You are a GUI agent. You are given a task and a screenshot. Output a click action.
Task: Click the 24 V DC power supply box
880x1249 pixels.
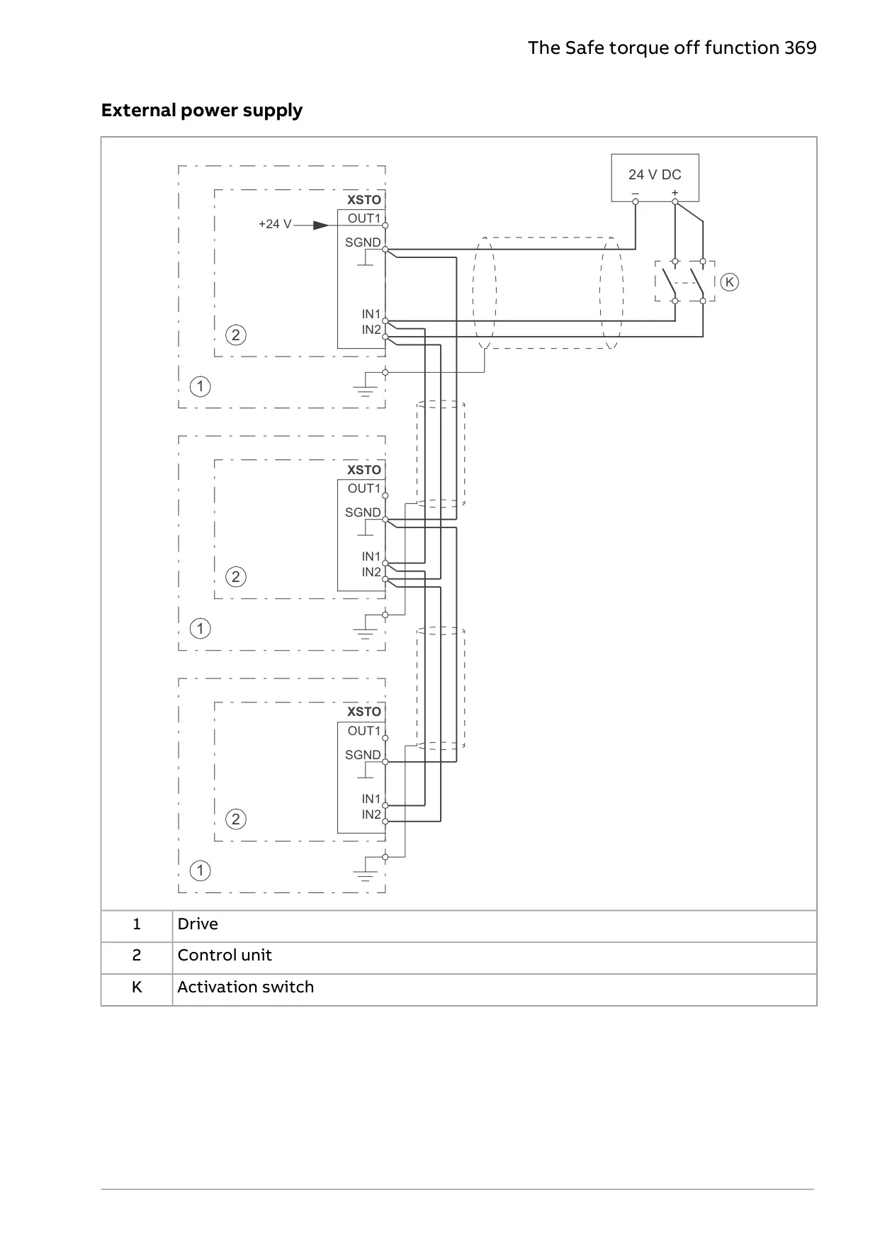[655, 177]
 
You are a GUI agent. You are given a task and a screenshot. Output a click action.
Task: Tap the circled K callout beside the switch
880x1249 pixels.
[729, 282]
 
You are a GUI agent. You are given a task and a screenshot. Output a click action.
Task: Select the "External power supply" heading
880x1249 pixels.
[202, 111]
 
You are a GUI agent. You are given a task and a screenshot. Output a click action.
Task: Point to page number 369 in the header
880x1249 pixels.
[801, 47]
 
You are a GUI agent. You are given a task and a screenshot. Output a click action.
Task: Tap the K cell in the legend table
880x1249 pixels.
[137, 987]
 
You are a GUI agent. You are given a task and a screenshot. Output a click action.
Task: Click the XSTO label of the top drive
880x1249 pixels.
[364, 200]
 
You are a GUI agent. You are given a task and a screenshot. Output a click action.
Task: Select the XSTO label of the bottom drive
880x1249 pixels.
[364, 712]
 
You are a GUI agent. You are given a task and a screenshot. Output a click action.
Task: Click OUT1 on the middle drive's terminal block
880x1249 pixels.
[364, 488]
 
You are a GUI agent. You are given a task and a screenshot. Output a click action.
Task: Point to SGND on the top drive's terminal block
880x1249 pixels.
[363, 242]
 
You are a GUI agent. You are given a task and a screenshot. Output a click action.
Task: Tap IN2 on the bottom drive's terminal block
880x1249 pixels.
[371, 814]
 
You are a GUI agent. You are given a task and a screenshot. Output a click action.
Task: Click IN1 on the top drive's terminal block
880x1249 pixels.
[371, 314]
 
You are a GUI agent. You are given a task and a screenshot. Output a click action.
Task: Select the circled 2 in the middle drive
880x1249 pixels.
[236, 577]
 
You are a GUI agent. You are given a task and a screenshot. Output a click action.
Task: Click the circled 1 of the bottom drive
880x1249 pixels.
[201, 870]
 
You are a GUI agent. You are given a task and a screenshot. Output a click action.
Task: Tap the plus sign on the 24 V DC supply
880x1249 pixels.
[675, 193]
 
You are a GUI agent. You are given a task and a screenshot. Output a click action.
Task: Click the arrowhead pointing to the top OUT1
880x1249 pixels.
[321, 225]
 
